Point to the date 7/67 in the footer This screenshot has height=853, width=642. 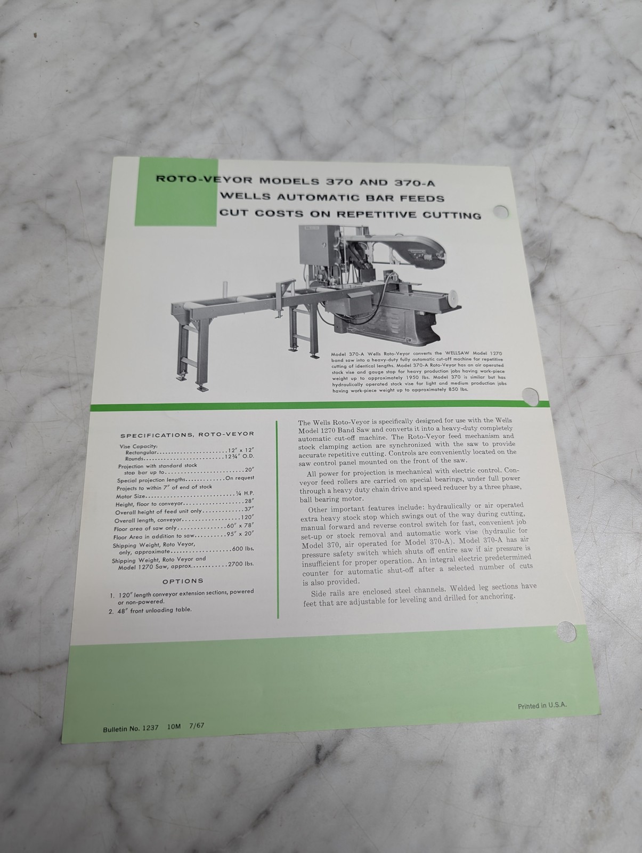coord(197,726)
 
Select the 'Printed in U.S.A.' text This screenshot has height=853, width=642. coord(542,705)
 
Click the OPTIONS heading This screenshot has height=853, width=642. coord(183,581)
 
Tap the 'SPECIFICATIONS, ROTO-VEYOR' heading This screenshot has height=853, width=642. coord(187,434)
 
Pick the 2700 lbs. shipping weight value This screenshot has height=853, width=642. coord(241,564)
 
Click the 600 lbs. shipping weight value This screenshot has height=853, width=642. coord(243,549)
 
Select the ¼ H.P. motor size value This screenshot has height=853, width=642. coord(245,493)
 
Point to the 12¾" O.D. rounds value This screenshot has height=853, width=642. coord(240,456)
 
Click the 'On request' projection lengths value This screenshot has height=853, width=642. coord(240,478)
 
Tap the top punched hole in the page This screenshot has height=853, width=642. coord(501,212)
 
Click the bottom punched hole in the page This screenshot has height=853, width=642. coord(566,632)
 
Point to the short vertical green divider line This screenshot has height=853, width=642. coord(277,519)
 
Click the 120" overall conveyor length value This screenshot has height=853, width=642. coord(247,518)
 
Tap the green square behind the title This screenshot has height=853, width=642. coord(176,191)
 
